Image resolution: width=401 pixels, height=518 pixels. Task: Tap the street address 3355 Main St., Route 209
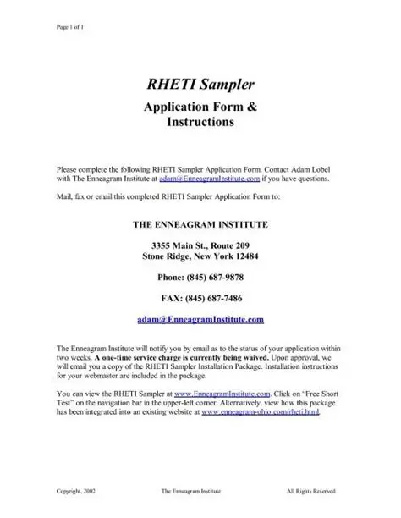200,245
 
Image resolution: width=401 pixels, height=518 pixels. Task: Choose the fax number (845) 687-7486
200,298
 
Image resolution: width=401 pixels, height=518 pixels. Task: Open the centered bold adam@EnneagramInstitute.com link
200,319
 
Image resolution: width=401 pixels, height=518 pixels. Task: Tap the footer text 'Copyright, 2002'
75,490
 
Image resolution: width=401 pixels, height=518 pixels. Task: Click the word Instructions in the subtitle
200,122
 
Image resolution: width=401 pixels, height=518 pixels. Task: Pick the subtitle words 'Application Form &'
200,107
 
